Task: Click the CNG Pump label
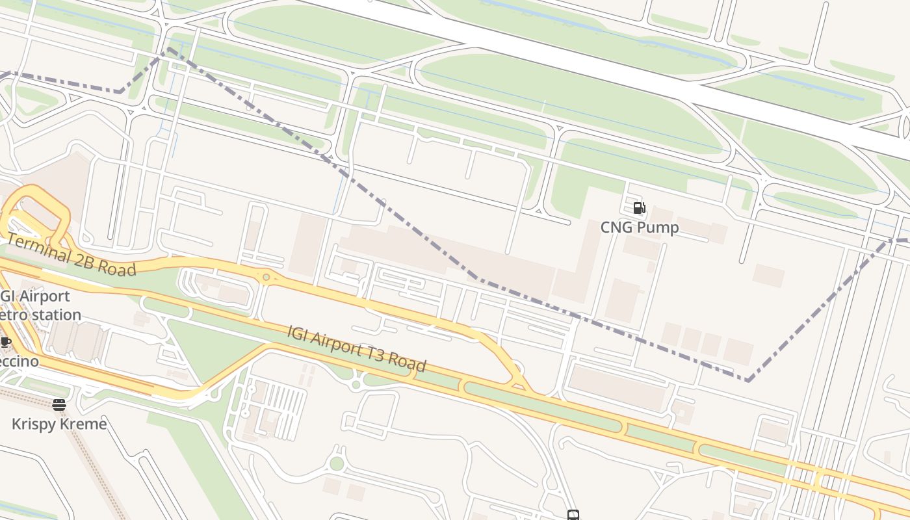(x=640, y=227)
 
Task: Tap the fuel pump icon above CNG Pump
(x=639, y=208)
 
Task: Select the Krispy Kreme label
(x=59, y=424)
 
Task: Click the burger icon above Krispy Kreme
(x=59, y=406)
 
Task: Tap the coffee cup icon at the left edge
(x=5, y=342)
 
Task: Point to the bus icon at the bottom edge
(x=573, y=515)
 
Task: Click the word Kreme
(x=82, y=424)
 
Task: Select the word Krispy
(x=33, y=424)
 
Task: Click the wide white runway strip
(x=585, y=65)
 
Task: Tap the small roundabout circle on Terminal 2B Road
(x=266, y=278)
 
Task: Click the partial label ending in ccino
(x=19, y=361)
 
